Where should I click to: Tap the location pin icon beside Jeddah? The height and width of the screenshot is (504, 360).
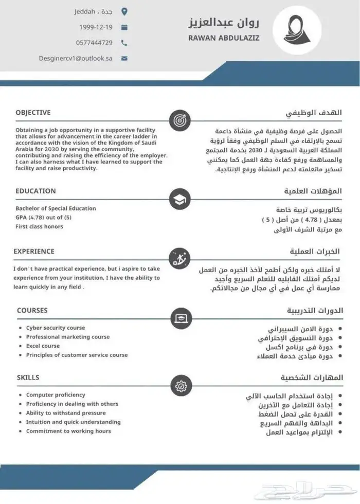pyautogui.click(x=124, y=11)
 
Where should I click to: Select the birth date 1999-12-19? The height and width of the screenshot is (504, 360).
pyautogui.click(x=96, y=27)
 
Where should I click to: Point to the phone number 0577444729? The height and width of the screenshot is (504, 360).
pyautogui.click(x=94, y=43)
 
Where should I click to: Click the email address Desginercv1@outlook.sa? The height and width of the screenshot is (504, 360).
pyautogui.click(x=76, y=59)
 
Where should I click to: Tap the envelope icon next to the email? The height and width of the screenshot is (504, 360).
pyautogui.click(x=124, y=59)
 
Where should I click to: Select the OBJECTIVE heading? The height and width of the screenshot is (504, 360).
pyautogui.click(x=33, y=113)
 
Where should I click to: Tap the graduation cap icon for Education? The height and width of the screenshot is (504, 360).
pyautogui.click(x=180, y=199)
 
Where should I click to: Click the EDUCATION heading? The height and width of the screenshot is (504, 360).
pyautogui.click(x=35, y=191)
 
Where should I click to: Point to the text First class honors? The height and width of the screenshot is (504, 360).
pyautogui.click(x=39, y=227)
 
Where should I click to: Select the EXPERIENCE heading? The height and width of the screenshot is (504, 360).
pyautogui.click(x=33, y=251)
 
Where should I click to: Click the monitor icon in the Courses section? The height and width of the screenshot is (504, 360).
pyautogui.click(x=180, y=318)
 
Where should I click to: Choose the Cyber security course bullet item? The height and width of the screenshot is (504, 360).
pyautogui.click(x=56, y=328)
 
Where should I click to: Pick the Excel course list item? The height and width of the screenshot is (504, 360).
pyautogui.click(x=43, y=346)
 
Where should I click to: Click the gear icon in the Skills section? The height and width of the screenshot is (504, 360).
pyautogui.click(x=180, y=385)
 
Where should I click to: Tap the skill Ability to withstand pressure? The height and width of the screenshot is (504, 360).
pyautogui.click(x=66, y=413)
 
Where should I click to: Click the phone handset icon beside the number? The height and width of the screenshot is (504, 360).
pyautogui.click(x=124, y=43)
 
